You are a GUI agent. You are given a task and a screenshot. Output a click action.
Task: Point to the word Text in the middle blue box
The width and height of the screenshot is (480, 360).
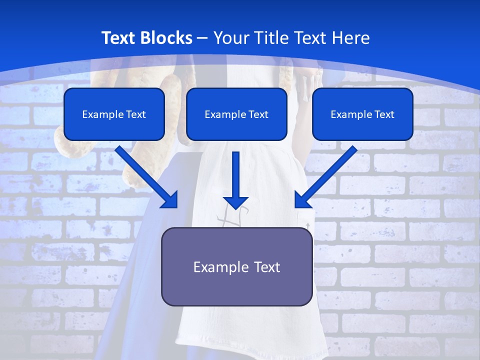pos(258,114)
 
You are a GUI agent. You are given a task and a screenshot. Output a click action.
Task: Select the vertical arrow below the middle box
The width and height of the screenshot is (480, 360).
pos(236,180)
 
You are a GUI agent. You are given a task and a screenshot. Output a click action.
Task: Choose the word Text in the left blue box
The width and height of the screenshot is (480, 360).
pos(136,114)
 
